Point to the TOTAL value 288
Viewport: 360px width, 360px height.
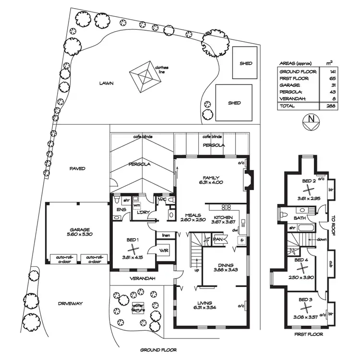pos(329,106)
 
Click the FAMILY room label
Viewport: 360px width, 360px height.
pos(211,177)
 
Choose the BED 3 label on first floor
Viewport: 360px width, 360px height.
pos(306,299)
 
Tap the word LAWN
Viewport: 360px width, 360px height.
pos(106,83)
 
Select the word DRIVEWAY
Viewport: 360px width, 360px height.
pos(71,304)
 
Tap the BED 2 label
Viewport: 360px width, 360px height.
pos(309,181)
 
